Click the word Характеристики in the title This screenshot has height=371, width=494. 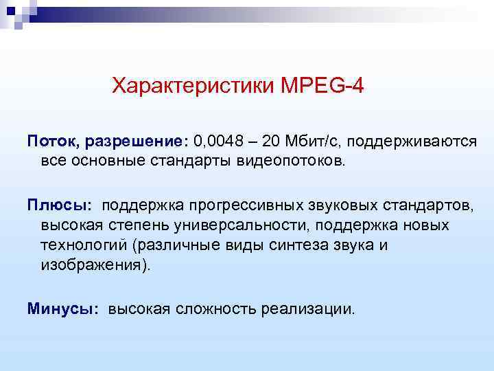click(x=193, y=87)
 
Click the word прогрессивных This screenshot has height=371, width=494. click(x=234, y=205)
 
